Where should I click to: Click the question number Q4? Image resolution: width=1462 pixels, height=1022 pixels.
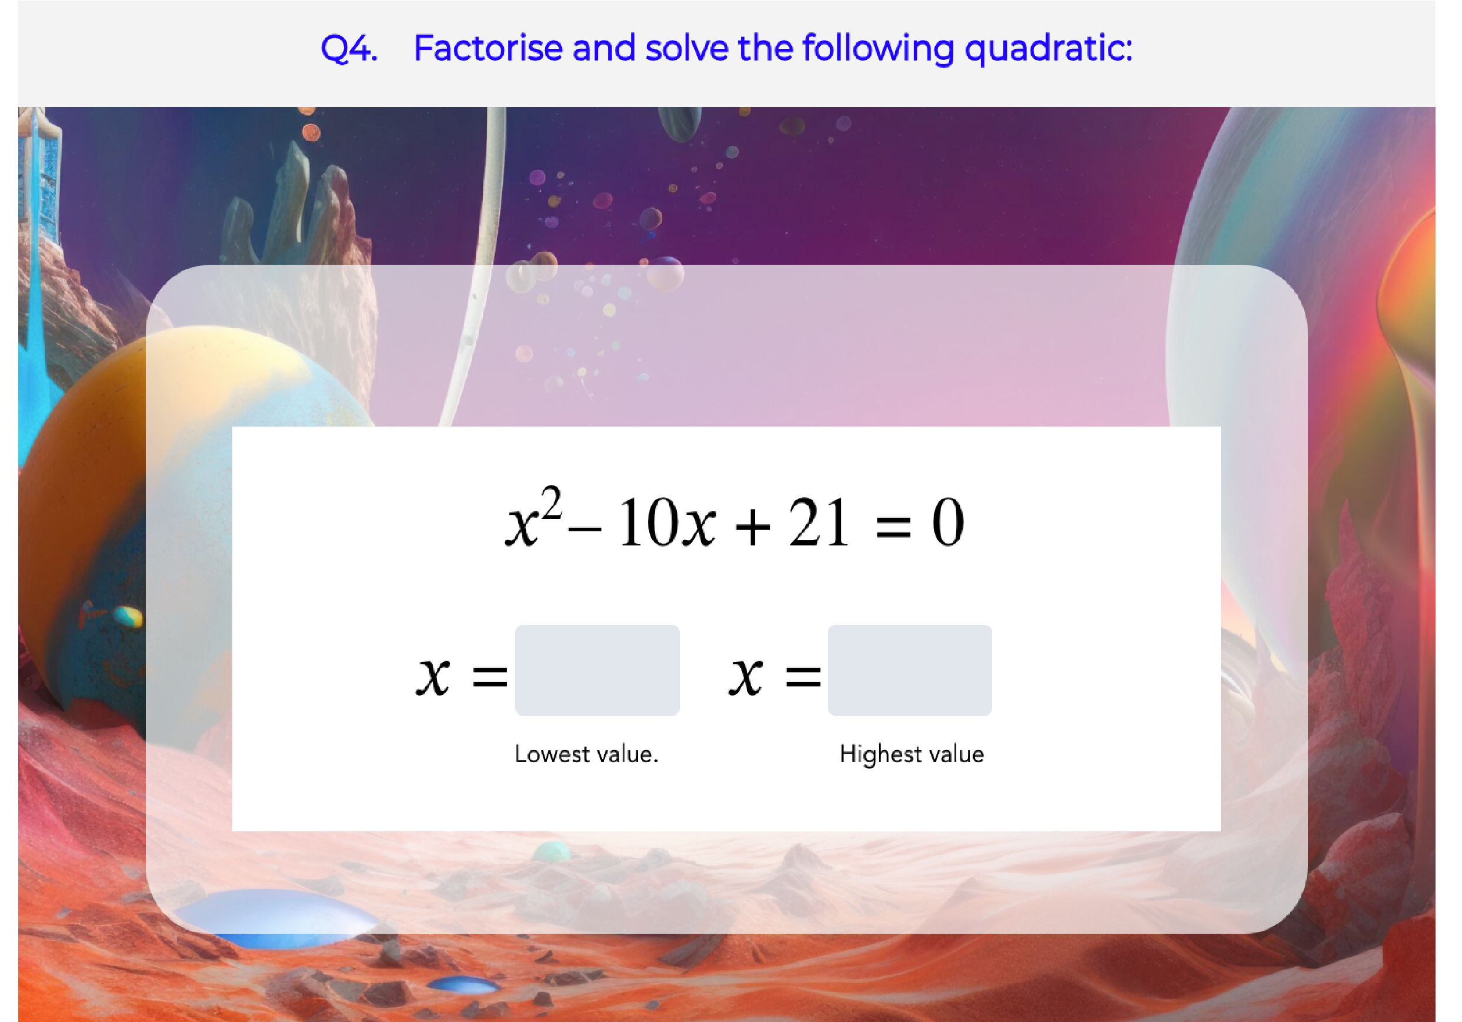point(349,49)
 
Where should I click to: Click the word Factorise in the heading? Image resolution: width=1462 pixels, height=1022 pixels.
point(488,48)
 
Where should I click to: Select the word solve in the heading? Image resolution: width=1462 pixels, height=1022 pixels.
point(686,48)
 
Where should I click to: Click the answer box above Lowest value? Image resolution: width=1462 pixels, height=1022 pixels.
point(598,670)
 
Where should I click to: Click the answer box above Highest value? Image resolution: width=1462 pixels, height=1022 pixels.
point(909,670)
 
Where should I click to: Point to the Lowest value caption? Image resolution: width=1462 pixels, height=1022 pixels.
point(586,754)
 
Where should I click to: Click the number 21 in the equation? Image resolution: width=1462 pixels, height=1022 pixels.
point(819,522)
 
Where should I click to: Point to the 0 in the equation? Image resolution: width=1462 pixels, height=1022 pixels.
point(948,522)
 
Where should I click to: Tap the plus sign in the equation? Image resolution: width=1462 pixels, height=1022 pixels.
point(753,527)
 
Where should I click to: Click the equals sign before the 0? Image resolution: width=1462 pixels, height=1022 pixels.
point(893,527)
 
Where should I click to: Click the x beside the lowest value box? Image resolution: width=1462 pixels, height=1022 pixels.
point(433,675)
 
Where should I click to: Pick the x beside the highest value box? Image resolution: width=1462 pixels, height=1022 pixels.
point(746,675)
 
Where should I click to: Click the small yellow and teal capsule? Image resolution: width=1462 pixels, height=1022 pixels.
point(129,616)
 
